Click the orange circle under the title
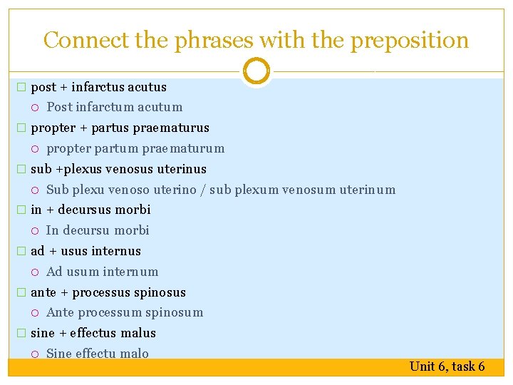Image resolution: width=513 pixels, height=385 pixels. point(256,71)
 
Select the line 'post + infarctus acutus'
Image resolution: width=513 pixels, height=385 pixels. point(98,87)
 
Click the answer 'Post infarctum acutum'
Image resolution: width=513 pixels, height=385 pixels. point(114,107)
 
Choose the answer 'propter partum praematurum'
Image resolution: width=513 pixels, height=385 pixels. point(135,148)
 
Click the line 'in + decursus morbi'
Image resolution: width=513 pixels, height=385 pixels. point(90,210)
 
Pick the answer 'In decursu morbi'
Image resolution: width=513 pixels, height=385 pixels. point(98,230)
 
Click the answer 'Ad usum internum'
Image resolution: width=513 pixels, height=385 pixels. point(102,272)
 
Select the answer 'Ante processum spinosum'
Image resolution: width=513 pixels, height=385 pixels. point(125,312)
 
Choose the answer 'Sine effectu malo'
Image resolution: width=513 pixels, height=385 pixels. point(98,354)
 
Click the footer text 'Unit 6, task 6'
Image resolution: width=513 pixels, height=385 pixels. point(447,366)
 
